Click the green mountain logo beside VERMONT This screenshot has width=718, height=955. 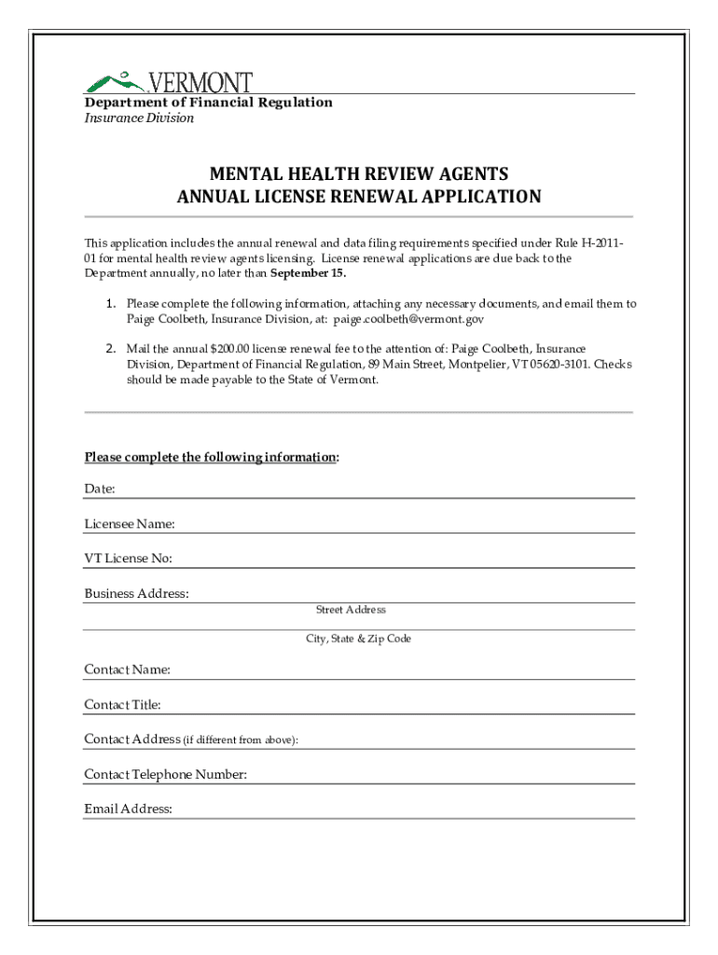coord(115,81)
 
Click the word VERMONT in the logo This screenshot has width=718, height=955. coord(199,82)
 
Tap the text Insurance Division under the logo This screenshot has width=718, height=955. coord(139,118)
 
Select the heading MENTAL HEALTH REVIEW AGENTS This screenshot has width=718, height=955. coord(359,174)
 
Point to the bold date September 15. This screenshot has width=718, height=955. coord(308,273)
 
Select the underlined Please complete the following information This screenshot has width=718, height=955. coord(211,457)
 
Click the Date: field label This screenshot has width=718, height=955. coord(100,489)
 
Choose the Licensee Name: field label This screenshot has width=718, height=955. coord(130,524)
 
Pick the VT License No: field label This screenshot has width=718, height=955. coord(128,559)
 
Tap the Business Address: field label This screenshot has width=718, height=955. coord(137,593)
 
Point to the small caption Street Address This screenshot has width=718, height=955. coord(351,610)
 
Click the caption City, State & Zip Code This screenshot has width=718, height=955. coord(359,639)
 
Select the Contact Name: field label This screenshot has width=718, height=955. coord(127,670)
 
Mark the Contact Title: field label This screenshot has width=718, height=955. coord(122,704)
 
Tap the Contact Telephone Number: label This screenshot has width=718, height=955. coord(166,774)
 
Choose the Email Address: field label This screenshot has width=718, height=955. coord(129,809)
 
